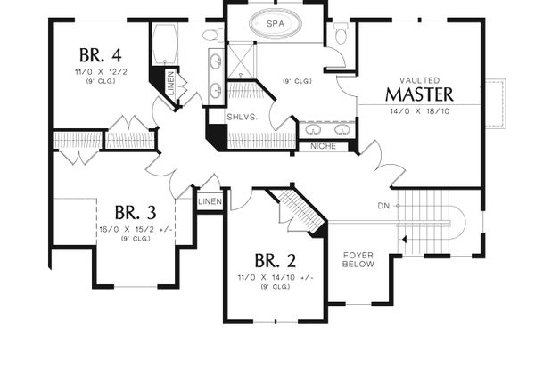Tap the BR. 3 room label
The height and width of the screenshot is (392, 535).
pyautogui.click(x=136, y=213)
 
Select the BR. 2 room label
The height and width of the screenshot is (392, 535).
pyautogui.click(x=276, y=261)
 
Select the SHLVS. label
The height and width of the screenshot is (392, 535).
pyautogui.click(x=243, y=116)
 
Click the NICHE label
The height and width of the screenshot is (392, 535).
pyautogui.click(x=323, y=146)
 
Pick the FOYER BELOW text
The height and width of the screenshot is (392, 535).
pyautogui.click(x=358, y=260)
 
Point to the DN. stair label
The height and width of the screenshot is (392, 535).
pyautogui.click(x=385, y=206)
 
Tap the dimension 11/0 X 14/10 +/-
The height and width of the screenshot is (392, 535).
pyautogui.click(x=276, y=277)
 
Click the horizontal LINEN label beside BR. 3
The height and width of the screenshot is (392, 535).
pyautogui.click(x=209, y=202)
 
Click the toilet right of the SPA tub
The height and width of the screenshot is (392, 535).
pyautogui.click(x=340, y=33)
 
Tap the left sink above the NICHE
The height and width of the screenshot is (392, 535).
pyautogui.click(x=314, y=130)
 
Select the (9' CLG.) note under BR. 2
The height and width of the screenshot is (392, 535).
pyautogui.click(x=276, y=287)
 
